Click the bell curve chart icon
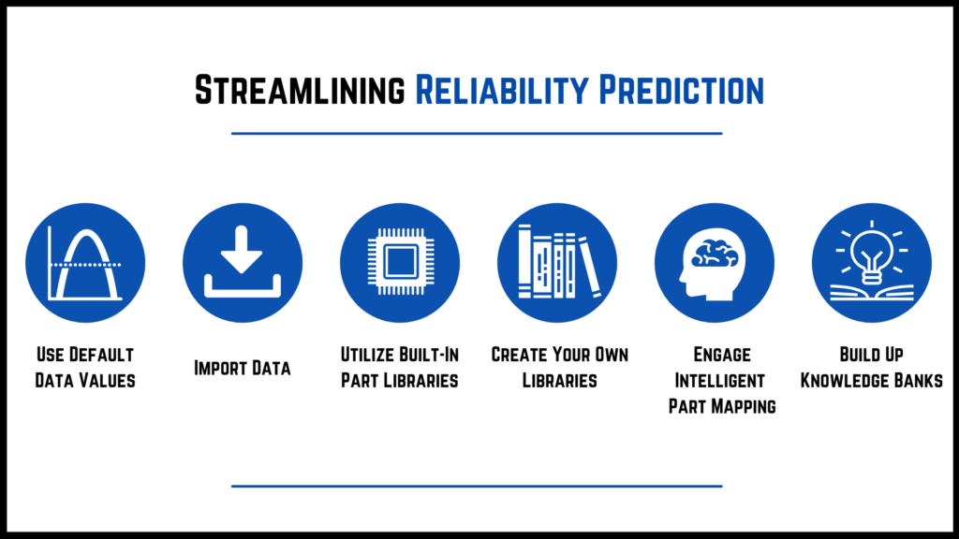[x=85, y=263]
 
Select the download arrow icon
[x=243, y=263]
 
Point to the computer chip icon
[x=400, y=263]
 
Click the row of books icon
[x=557, y=263]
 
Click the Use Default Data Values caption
[x=85, y=368]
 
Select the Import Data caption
[x=243, y=368]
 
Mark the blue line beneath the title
[x=477, y=134]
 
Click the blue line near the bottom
[x=477, y=487]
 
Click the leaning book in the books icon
[x=590, y=266]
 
